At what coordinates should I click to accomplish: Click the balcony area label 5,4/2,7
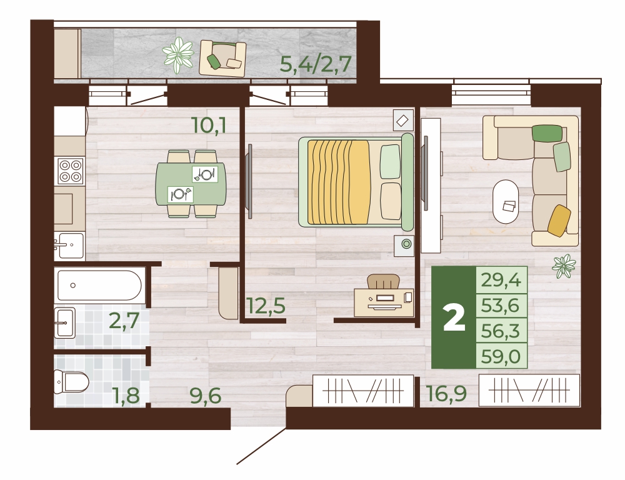point(315,64)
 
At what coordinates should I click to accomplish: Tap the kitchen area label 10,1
point(209,126)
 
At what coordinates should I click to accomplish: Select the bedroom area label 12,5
point(266,306)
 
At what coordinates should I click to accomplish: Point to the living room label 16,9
point(446,394)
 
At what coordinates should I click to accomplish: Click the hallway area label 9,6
point(206,396)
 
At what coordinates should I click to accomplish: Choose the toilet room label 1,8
point(126,396)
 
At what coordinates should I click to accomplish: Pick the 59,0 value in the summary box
point(501,356)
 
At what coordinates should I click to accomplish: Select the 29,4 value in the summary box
point(501,280)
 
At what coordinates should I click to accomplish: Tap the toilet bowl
point(71,381)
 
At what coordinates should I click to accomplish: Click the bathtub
point(99,286)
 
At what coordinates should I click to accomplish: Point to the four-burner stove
point(71,171)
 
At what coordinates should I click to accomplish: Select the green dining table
point(191,184)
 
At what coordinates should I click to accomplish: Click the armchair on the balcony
point(223,58)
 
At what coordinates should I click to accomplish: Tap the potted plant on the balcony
point(177,55)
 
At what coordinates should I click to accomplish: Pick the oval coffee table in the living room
point(506,202)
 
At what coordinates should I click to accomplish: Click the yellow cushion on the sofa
point(559,221)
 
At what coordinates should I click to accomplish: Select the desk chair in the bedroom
point(383,281)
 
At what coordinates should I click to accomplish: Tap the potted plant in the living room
point(564,266)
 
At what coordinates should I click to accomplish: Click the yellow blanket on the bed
point(339,182)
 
